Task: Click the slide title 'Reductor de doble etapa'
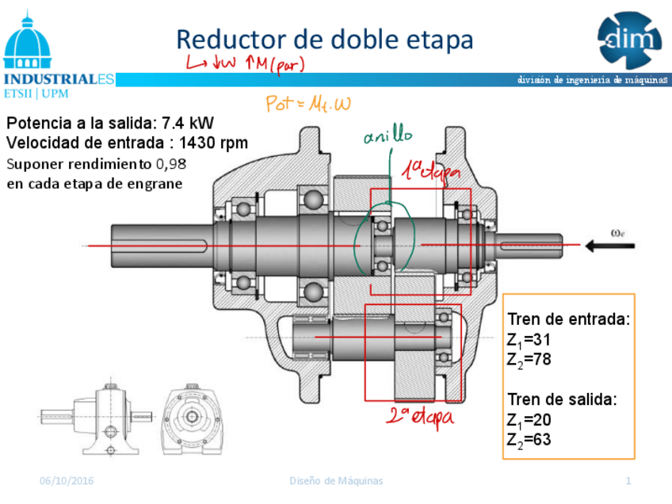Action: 324,39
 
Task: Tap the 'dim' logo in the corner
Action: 629,38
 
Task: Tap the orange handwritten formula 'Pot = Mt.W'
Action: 308,104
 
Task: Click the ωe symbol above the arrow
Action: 621,232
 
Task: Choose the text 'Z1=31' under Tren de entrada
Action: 529,340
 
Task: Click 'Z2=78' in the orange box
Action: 529,359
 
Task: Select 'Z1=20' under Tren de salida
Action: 529,419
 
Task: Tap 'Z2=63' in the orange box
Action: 529,439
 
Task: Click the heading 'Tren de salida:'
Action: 562,399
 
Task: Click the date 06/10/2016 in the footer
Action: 67,481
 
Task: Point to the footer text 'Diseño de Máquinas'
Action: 336,481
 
